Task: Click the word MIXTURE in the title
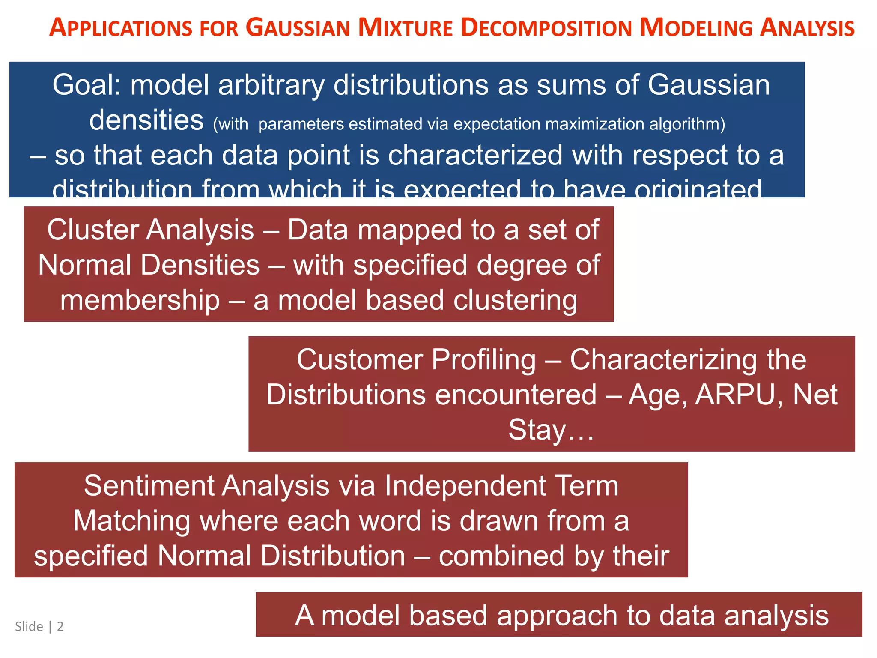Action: tap(405, 28)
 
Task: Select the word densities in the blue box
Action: tap(146, 120)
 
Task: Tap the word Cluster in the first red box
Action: tap(93, 230)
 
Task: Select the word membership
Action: tap(140, 300)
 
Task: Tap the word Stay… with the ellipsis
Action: tap(551, 430)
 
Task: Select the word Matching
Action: tap(131, 521)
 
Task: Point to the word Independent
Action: tap(465, 486)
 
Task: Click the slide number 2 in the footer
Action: tap(60, 627)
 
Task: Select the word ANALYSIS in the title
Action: tap(807, 28)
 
